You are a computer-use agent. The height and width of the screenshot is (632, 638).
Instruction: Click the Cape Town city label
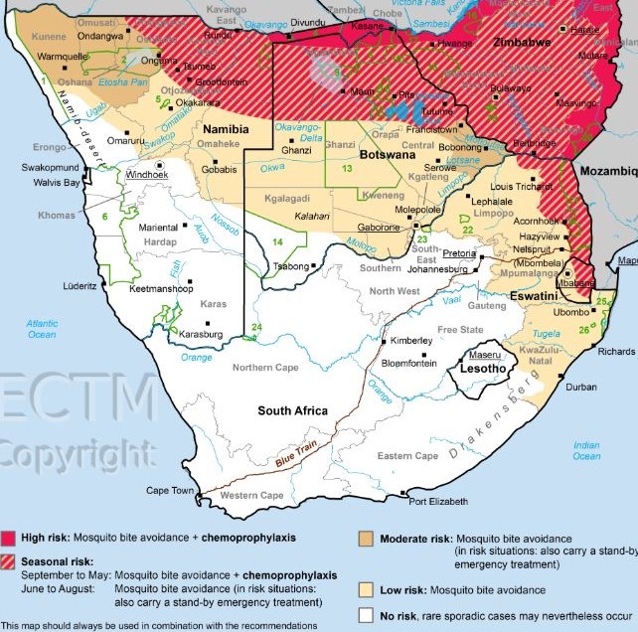click(x=171, y=490)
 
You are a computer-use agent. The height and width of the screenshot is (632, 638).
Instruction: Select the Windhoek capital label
click(x=147, y=174)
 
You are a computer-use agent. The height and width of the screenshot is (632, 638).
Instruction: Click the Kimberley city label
click(x=409, y=341)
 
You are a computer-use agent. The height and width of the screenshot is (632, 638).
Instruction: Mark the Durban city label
click(x=580, y=387)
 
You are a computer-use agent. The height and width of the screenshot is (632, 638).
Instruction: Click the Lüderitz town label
click(x=80, y=285)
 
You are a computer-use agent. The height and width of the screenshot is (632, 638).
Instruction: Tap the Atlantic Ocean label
click(x=43, y=328)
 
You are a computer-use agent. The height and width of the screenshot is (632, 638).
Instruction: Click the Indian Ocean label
click(x=586, y=450)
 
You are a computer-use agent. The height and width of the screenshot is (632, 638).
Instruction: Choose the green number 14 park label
click(x=277, y=242)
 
